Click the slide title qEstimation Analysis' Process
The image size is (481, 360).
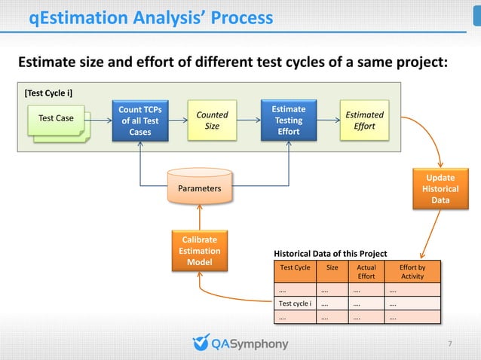tap(151, 17)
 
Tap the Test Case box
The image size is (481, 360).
tap(57, 119)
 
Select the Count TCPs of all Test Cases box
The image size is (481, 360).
tap(140, 121)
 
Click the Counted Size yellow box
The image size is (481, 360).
tap(212, 121)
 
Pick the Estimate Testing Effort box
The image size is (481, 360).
tap(288, 121)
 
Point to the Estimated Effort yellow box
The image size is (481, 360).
tap(364, 121)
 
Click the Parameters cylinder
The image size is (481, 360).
tap(200, 188)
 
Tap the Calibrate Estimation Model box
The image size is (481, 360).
tap(200, 252)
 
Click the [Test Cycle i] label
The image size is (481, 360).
tap(48, 93)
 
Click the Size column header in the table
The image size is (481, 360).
tap(332, 267)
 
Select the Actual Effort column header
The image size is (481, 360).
tap(366, 272)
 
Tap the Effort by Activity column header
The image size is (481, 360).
tap(412, 272)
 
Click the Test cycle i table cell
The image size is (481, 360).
tap(296, 304)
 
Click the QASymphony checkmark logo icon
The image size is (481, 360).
tap(201, 343)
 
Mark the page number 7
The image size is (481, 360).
tap(450, 345)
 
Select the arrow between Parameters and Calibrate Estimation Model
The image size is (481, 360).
tap(200, 218)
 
